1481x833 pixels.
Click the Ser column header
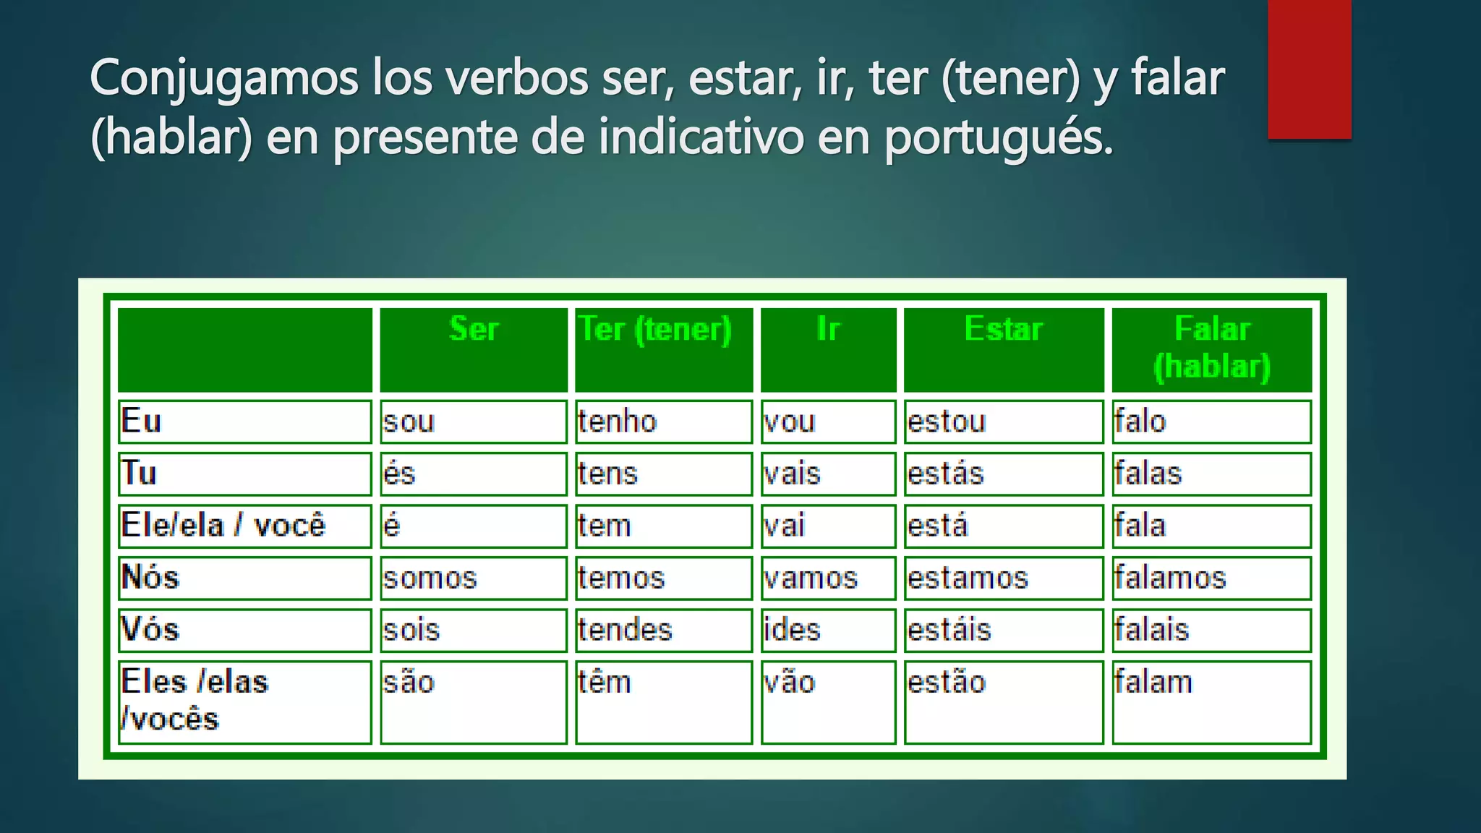[474, 330]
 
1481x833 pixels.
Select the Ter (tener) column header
[655, 330]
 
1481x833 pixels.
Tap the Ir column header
[828, 330]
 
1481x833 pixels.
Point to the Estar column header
[1003, 330]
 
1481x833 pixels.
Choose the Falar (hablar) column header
[1211, 348]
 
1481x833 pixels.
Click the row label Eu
[142, 421]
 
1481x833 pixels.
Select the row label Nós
[150, 577]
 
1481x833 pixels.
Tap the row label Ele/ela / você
[223, 526]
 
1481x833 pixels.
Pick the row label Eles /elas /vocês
[194, 700]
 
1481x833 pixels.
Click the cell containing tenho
[617, 422]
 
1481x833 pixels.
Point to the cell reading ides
[792, 630]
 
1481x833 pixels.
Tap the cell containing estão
[947, 683]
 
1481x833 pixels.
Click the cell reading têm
[604, 683]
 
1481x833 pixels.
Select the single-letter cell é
[391, 526]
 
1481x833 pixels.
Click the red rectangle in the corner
[1309, 69]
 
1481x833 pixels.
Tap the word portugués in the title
[998, 137]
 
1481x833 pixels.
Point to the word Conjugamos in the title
[224, 78]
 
